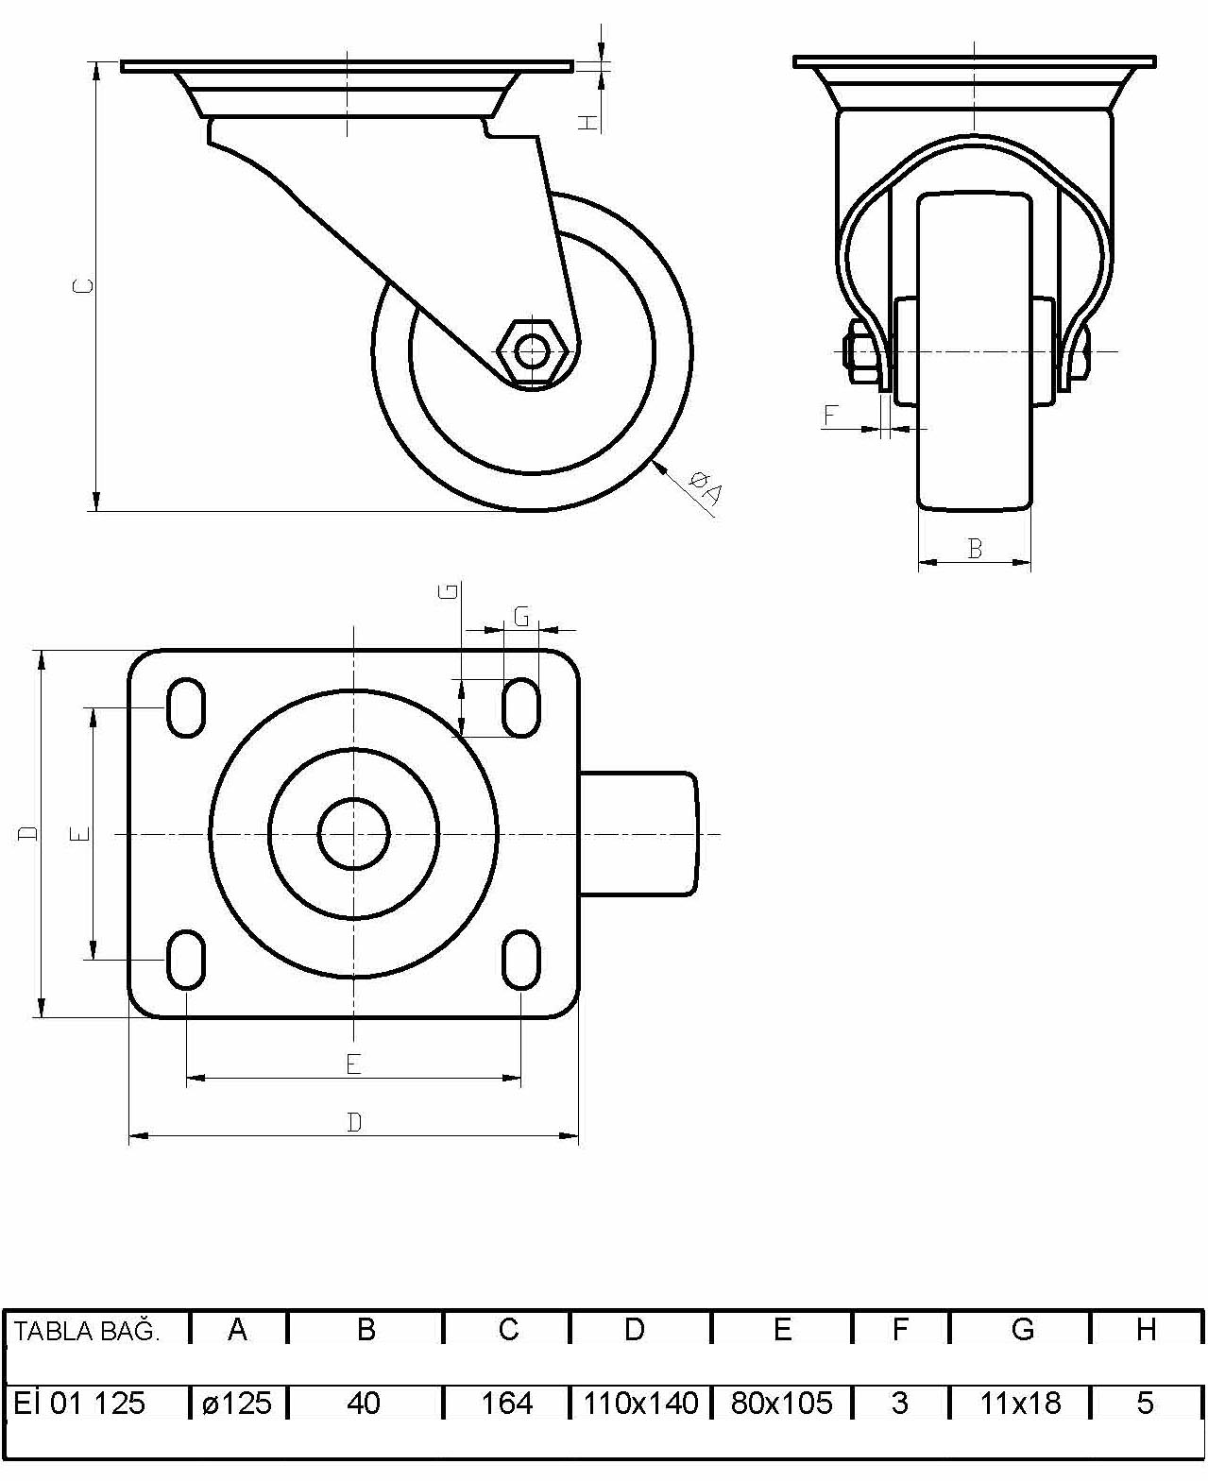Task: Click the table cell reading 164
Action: point(507,1403)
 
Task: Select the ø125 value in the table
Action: point(237,1403)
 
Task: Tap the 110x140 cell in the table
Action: point(640,1403)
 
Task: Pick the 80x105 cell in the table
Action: point(782,1403)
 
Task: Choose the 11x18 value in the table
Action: point(1020,1403)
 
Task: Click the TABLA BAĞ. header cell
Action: point(86,1331)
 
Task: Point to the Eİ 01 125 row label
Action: point(79,1403)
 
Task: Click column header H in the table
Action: point(1147,1329)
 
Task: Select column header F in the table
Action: point(900,1329)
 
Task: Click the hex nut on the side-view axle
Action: point(532,351)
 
